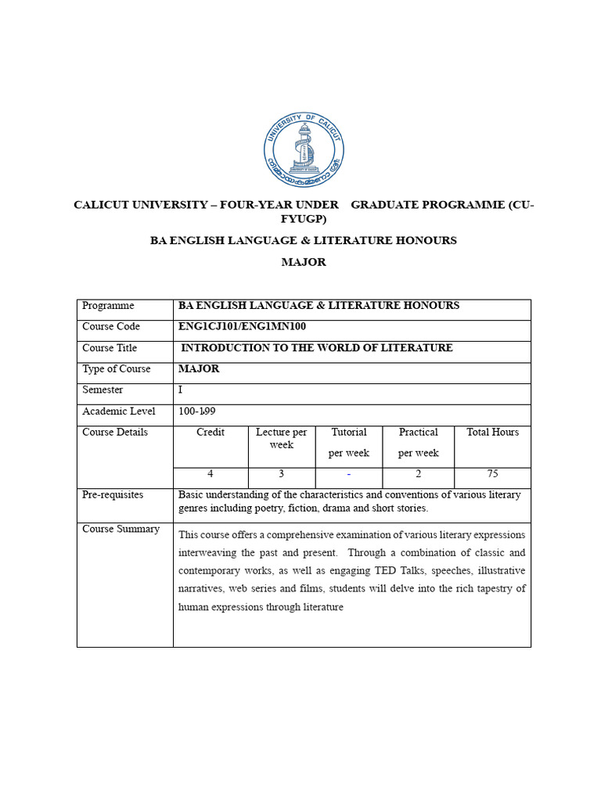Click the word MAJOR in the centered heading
coord(304,263)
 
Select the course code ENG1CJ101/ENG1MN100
coord(242,327)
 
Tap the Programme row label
coord(108,306)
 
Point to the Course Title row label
coord(110,348)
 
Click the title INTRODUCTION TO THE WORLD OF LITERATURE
coord(317,348)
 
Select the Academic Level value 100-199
coord(197,411)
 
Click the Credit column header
coord(211,433)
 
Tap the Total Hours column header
coord(492,433)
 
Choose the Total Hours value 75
coord(492,474)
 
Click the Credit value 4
coord(210,474)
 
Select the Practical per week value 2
coord(418,474)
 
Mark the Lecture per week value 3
coord(281,474)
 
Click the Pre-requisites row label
coord(113,495)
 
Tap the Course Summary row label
coord(121,530)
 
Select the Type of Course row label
coord(116,369)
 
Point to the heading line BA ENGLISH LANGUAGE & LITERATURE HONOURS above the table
coord(304,241)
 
